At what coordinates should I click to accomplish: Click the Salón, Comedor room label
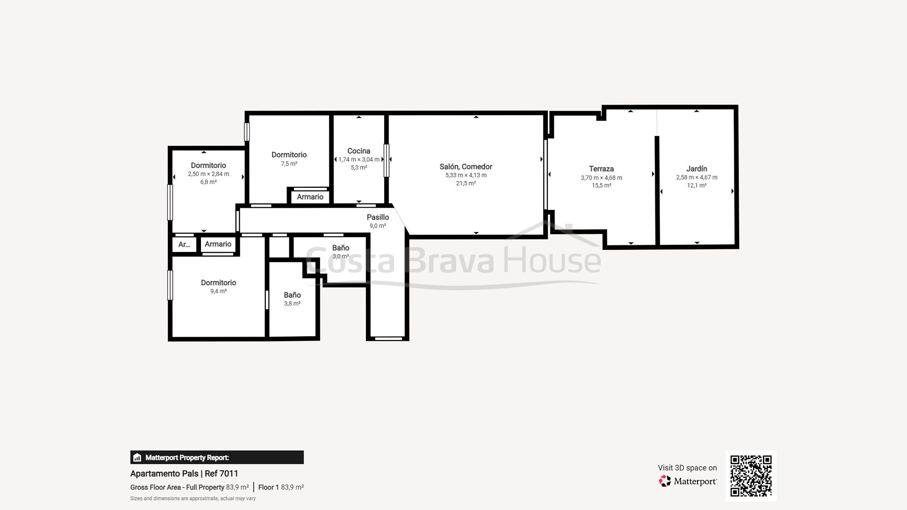(x=466, y=167)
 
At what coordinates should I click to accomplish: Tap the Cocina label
(x=359, y=151)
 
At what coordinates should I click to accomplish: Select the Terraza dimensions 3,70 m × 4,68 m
(x=601, y=178)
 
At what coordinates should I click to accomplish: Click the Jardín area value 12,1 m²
(x=697, y=185)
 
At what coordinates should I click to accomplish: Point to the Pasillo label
(x=378, y=217)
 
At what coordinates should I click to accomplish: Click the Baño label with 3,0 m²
(x=341, y=248)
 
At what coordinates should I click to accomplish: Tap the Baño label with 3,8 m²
(x=292, y=295)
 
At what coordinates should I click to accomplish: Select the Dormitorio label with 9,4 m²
(x=219, y=283)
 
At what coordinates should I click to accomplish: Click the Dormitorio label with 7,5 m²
(x=289, y=155)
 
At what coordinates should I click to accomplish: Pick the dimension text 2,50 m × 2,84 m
(x=209, y=174)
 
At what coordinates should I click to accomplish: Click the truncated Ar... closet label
(x=184, y=245)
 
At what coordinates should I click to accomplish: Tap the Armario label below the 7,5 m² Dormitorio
(x=310, y=197)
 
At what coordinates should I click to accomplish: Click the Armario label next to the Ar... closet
(x=218, y=244)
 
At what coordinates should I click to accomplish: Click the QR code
(x=751, y=476)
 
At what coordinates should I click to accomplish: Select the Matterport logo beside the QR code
(x=688, y=481)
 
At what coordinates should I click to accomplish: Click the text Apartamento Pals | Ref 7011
(x=184, y=474)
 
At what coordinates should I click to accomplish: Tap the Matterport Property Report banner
(x=217, y=457)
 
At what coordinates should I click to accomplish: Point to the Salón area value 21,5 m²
(x=466, y=184)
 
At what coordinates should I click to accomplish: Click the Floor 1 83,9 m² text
(x=281, y=487)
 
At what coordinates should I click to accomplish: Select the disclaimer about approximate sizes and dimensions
(x=193, y=499)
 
